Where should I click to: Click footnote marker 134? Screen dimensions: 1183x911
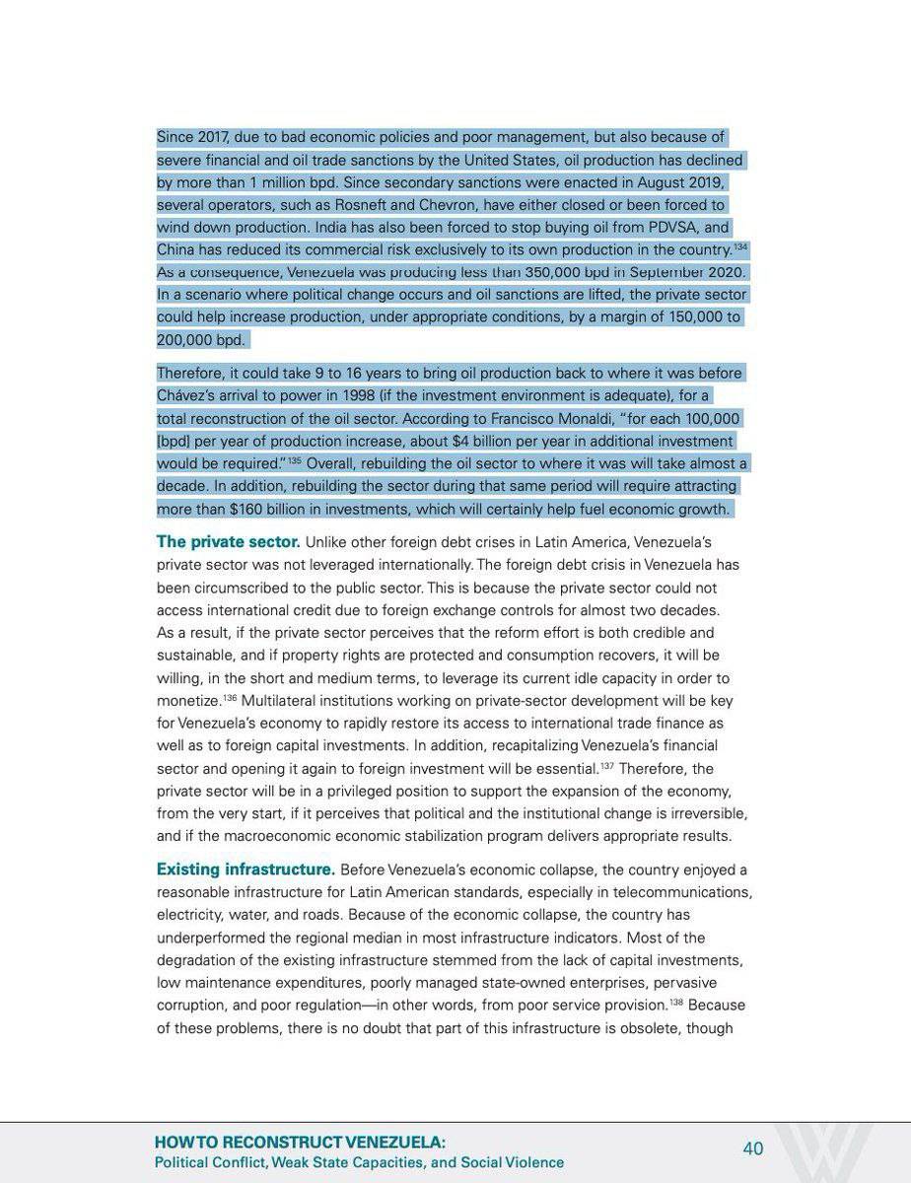pyautogui.click(x=740, y=246)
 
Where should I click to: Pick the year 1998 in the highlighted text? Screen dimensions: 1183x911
pyautogui.click(x=373, y=396)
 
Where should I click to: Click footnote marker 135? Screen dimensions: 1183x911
pyautogui.click(x=294, y=459)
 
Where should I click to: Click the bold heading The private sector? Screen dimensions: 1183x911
pyautogui.click(x=229, y=542)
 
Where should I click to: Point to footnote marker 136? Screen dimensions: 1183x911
pyautogui.click(x=230, y=698)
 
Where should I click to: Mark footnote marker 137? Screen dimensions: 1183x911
pyautogui.click(x=606, y=766)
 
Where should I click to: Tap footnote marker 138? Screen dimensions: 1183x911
pyautogui.click(x=675, y=1003)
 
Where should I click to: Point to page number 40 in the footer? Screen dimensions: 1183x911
pyautogui.click(x=753, y=1148)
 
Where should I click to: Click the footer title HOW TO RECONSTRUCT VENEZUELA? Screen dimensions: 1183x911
pyautogui.click(x=300, y=1143)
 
